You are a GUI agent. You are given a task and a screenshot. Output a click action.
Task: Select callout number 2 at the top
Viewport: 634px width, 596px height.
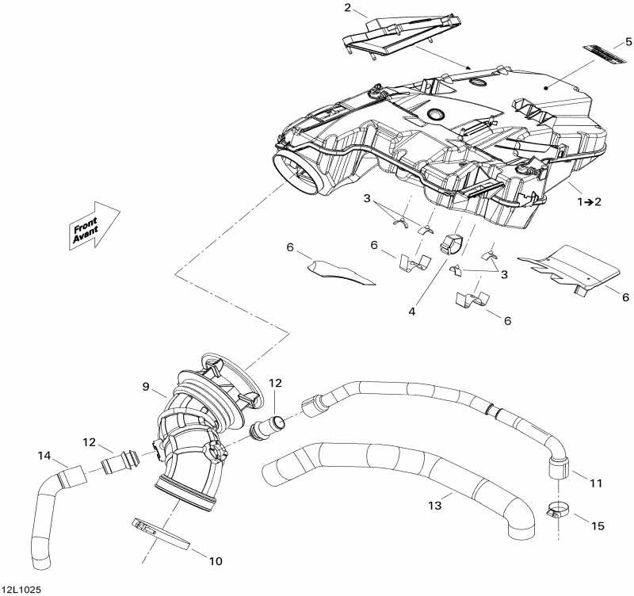(x=347, y=9)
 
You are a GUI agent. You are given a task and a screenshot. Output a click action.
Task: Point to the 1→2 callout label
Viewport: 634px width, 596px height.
(x=589, y=202)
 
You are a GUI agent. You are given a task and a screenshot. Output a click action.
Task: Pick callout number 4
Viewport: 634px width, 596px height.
(x=412, y=311)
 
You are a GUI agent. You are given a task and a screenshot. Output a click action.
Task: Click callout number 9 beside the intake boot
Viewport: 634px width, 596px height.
(x=146, y=387)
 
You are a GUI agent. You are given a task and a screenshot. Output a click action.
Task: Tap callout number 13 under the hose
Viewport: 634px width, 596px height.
(x=433, y=506)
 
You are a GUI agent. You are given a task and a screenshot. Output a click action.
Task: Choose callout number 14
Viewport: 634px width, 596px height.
(x=44, y=455)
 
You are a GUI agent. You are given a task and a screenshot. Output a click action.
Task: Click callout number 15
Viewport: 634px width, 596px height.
(x=596, y=526)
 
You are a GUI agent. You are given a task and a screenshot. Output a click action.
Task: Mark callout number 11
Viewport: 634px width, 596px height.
(x=596, y=482)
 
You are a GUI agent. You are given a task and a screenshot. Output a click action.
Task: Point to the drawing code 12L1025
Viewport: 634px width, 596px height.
(x=21, y=590)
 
